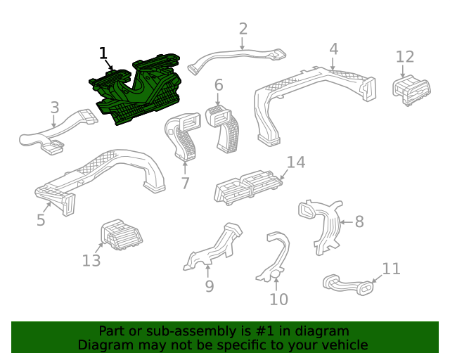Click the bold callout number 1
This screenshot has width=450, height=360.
pos(103,53)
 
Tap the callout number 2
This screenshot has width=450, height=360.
pos(243,29)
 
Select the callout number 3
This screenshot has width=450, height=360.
pos(55,108)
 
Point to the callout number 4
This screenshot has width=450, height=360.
pos(333,49)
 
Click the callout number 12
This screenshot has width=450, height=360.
pos(405,57)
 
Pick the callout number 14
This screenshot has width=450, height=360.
pos(296,162)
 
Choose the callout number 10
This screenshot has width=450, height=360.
pos(278,300)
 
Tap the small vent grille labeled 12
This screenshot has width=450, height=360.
pos(411,90)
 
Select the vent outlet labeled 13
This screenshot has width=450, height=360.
pos(121,235)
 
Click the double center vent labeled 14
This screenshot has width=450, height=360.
pos(248,187)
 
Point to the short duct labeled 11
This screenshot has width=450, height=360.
pos(349,285)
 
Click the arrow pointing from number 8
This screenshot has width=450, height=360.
pos(347,222)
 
